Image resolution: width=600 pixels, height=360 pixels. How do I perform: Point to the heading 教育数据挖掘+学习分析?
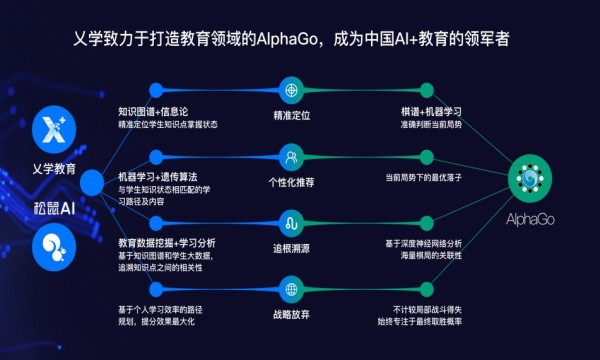coord(167,242)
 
